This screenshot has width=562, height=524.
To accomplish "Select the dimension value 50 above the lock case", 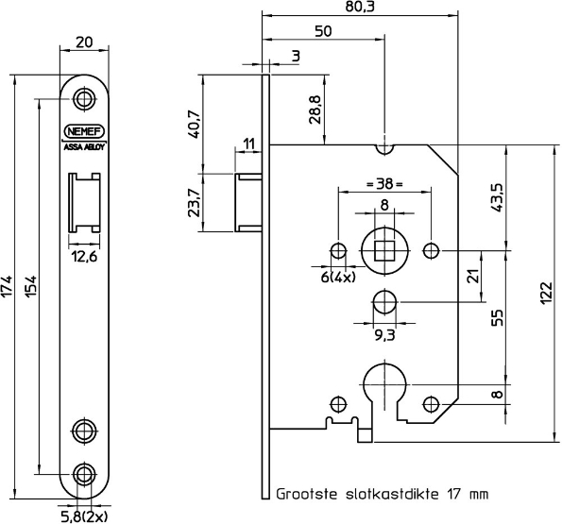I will pos(322,32).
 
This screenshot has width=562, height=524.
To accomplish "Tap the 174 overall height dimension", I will pos(9,283).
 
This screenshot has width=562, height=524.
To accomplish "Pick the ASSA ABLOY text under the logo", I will pos(86,148).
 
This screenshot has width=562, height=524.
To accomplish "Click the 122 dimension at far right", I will pos(546,296).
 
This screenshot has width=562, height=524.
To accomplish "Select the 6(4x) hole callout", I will pos(335,277).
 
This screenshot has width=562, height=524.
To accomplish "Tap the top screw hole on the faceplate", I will pos(86,99).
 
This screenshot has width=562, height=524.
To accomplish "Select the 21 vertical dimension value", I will pos(474,276).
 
